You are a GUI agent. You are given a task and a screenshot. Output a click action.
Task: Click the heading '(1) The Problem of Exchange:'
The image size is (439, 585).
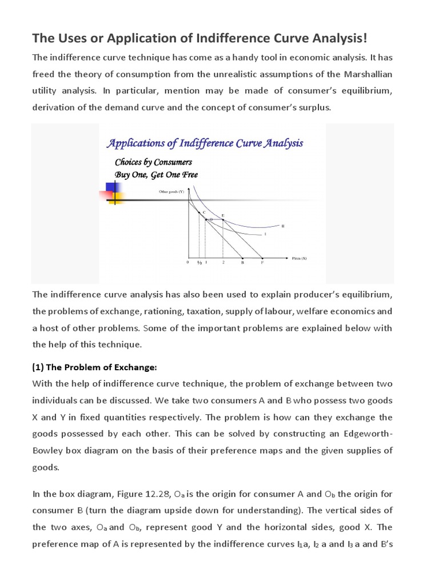click(94, 367)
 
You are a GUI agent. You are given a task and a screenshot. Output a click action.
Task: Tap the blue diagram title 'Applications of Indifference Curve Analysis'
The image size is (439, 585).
click(205, 143)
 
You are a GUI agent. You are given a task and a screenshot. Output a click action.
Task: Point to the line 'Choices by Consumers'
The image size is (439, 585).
click(153, 162)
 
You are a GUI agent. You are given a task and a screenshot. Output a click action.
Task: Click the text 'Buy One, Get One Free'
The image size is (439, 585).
click(156, 175)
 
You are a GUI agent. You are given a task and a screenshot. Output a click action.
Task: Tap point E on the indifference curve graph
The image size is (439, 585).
click(223, 215)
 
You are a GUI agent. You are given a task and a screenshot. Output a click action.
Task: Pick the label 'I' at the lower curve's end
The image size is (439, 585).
click(265, 234)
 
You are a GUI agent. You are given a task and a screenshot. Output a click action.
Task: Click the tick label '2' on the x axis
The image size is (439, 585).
click(223, 263)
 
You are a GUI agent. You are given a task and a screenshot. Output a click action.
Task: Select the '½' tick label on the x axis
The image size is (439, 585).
click(199, 263)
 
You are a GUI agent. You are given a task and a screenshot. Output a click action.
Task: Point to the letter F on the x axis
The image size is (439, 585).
click(262, 263)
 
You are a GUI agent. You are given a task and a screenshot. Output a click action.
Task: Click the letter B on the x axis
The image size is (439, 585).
click(242, 263)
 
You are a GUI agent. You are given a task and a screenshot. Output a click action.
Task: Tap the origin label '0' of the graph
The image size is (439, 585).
click(187, 263)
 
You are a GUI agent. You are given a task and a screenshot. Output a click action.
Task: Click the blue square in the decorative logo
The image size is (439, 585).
click(112, 188)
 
